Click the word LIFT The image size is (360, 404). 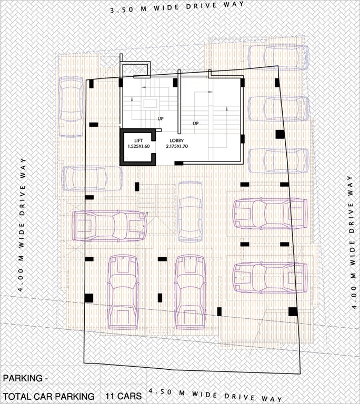coord(132,140)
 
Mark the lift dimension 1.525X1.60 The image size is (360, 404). coord(138,147)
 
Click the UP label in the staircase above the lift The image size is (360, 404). coord(159,118)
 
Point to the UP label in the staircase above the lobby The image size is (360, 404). coord(196,124)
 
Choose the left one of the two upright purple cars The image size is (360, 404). coord(123,292)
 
